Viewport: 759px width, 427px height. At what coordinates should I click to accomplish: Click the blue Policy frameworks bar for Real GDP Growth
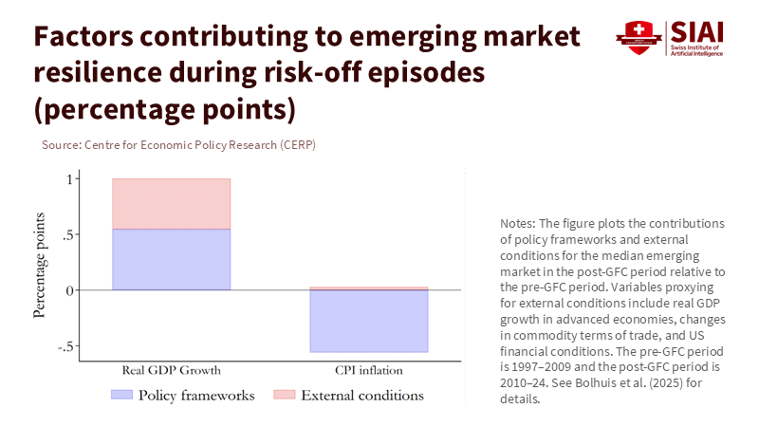pos(171,259)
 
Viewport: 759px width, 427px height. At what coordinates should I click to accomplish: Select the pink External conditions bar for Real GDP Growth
pos(171,204)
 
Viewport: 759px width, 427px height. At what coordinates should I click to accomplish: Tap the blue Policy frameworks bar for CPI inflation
pos(369,321)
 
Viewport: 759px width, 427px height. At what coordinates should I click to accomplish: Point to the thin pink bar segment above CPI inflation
pos(369,288)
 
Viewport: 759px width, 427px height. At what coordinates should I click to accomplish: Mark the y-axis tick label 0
pos(68,290)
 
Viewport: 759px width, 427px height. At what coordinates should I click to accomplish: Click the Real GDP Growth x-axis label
pos(171,370)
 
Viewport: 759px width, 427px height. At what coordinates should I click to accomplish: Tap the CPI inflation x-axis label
pos(369,370)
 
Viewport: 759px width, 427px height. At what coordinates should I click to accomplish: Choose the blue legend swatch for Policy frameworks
pos(120,395)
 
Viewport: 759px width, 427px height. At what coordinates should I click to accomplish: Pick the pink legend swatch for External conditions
pos(284,395)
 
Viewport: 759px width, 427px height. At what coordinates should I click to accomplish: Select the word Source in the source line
pos(61,145)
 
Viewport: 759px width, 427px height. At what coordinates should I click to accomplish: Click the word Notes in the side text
pos(518,223)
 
